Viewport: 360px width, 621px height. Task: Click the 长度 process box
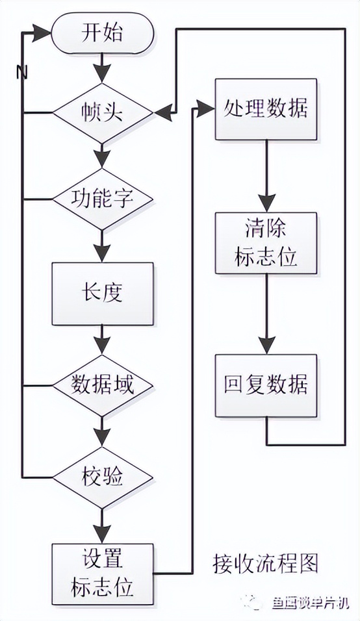[x=102, y=294]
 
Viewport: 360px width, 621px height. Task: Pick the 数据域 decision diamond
[x=102, y=386]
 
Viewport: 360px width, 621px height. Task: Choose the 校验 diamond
[x=102, y=477]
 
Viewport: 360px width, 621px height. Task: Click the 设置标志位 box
[x=102, y=572]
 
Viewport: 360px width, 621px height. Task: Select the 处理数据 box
[x=265, y=109]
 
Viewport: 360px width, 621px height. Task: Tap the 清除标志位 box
[x=265, y=243]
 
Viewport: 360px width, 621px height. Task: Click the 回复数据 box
[x=265, y=385]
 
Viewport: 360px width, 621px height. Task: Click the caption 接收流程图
[x=266, y=563]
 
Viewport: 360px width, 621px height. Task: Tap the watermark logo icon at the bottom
[x=251, y=602]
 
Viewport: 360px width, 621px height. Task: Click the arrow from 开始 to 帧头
[x=102, y=67]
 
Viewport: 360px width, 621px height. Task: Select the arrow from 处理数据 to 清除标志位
[x=265, y=175]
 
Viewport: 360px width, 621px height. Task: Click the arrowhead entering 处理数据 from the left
[x=207, y=109]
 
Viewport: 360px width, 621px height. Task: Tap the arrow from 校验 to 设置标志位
[x=102, y=524]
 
